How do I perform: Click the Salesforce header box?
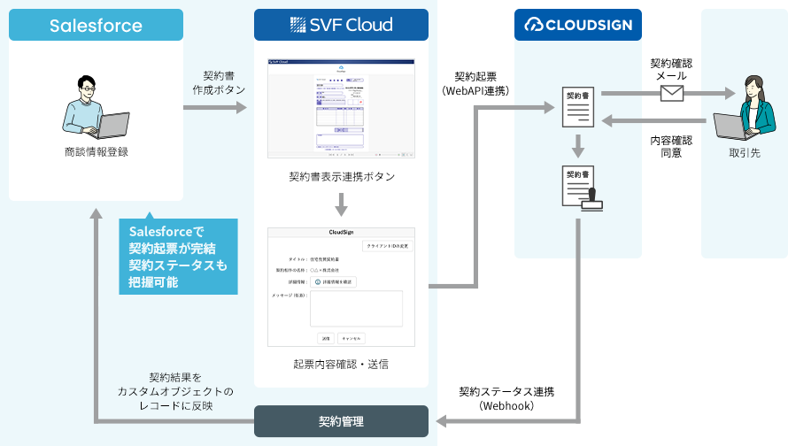(x=96, y=26)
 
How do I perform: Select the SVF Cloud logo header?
(x=341, y=25)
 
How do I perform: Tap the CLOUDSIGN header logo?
(x=578, y=25)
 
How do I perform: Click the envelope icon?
(x=671, y=93)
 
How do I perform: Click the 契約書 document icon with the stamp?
(x=581, y=188)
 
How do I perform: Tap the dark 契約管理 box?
(x=341, y=421)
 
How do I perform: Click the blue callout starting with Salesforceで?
(x=178, y=257)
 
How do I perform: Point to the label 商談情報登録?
(x=97, y=151)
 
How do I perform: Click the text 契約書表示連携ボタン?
(x=341, y=176)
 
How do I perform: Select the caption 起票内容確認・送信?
(x=341, y=363)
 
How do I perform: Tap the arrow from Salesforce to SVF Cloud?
(x=216, y=108)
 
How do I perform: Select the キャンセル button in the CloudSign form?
(x=351, y=338)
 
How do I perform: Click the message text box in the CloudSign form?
(x=355, y=308)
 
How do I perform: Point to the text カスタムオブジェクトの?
(x=175, y=390)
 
